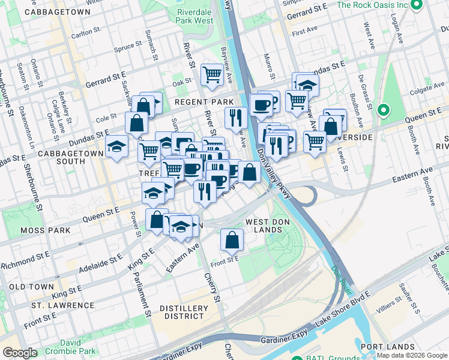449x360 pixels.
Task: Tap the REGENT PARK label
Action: (x=203, y=103)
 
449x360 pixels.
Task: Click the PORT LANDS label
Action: (x=388, y=347)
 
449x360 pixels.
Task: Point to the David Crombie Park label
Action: (x=79, y=347)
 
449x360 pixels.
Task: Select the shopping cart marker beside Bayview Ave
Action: (x=212, y=74)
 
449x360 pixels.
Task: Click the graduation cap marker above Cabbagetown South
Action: (x=116, y=146)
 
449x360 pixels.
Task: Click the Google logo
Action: (x=20, y=353)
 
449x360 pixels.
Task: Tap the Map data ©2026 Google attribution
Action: (x=412, y=355)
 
